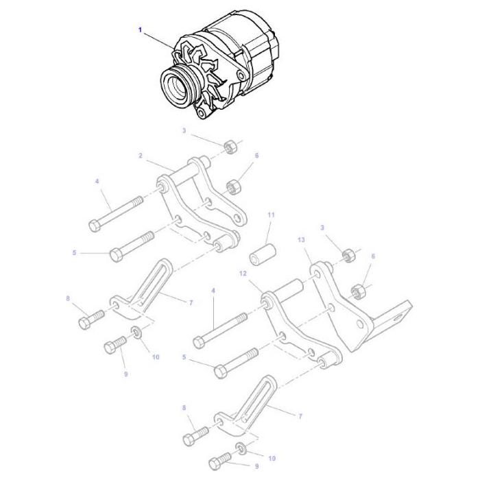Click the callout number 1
click(x=141, y=29)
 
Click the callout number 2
click(x=141, y=156)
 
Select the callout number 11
click(x=271, y=215)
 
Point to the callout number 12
click(x=242, y=274)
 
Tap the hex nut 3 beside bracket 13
click(x=347, y=255)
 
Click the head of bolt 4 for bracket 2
click(x=95, y=224)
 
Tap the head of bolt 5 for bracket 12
click(x=221, y=372)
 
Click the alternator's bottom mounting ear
click(x=204, y=110)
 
